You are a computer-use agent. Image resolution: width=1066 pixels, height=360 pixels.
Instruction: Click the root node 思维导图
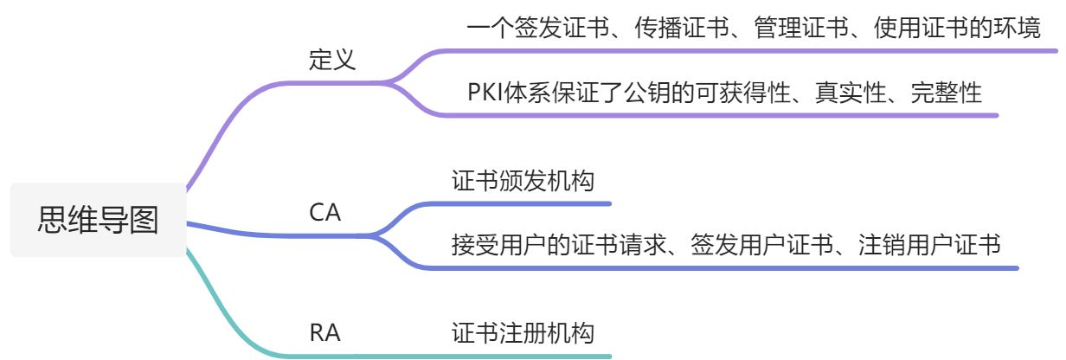(98, 220)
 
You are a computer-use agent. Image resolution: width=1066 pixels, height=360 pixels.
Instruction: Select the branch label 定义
(331, 61)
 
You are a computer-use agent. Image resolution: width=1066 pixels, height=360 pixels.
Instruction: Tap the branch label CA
(325, 213)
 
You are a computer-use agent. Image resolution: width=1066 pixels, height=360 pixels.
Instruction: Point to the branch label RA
(325, 333)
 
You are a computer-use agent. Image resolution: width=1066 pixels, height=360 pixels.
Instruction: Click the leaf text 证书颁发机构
(522, 181)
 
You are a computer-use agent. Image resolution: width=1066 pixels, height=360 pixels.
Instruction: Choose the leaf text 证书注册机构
(522, 333)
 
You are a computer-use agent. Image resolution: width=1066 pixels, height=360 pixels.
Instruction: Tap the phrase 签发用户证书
(750, 245)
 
